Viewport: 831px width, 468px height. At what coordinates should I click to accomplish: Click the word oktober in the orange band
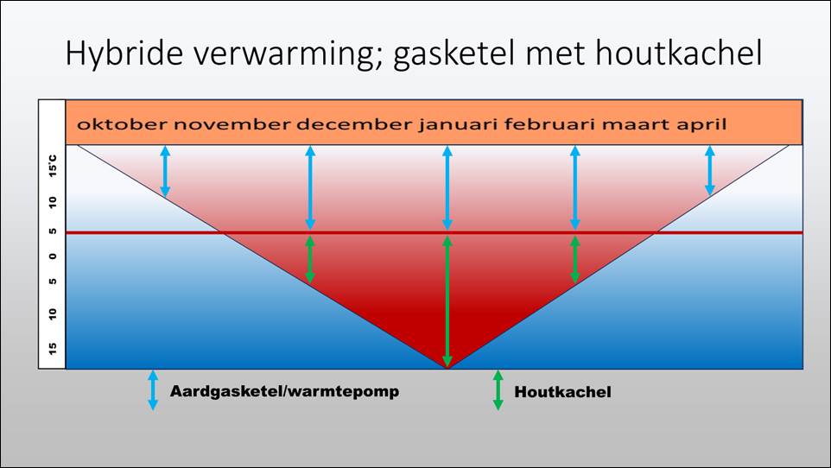[x=122, y=124]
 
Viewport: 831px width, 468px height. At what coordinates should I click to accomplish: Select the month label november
[x=232, y=125]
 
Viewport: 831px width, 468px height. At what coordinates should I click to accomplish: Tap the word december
[x=354, y=124]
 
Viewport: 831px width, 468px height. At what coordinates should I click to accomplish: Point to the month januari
[x=458, y=125]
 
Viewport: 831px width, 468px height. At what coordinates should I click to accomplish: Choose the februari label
[x=550, y=124]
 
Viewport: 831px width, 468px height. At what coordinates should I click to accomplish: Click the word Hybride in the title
[x=124, y=54]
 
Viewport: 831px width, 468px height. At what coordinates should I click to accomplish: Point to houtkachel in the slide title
[x=679, y=53]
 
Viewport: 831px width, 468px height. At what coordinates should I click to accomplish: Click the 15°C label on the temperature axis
[x=53, y=166]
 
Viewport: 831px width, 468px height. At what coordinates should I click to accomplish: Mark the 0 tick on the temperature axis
[x=53, y=256]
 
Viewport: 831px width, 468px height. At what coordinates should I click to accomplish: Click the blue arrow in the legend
[x=153, y=390]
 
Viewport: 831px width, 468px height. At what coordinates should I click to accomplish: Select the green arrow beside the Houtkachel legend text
[x=498, y=390]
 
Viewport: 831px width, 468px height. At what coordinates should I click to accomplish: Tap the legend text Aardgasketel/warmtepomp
[x=284, y=392]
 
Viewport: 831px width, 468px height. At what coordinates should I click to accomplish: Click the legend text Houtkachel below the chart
[x=563, y=392]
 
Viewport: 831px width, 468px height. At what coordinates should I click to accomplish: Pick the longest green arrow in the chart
[x=447, y=301]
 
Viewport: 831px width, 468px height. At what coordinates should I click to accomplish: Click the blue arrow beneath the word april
[x=710, y=171]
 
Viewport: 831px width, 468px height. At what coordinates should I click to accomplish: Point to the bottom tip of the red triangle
[x=447, y=368]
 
